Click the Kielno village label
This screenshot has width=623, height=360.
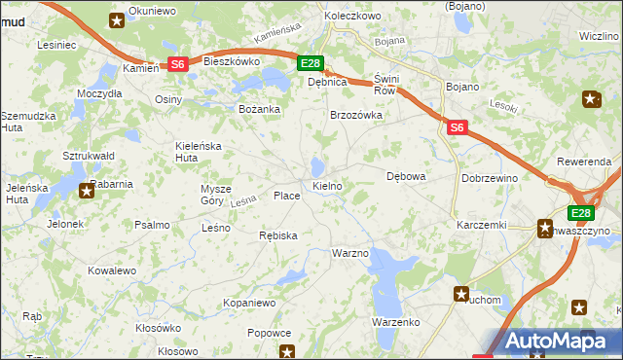tap(326, 185)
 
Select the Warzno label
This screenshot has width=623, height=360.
tap(350, 253)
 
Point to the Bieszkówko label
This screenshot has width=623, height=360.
tap(231, 60)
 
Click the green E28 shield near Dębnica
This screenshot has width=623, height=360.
tap(310, 64)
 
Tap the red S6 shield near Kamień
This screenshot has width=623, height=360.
tap(177, 64)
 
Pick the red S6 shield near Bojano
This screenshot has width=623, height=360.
tap(458, 126)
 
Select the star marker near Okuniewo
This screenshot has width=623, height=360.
tap(117, 19)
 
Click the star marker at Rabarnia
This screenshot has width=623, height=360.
tap(87, 191)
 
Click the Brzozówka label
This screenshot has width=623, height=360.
tap(356, 115)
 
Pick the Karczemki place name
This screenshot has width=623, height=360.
tap(482, 225)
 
